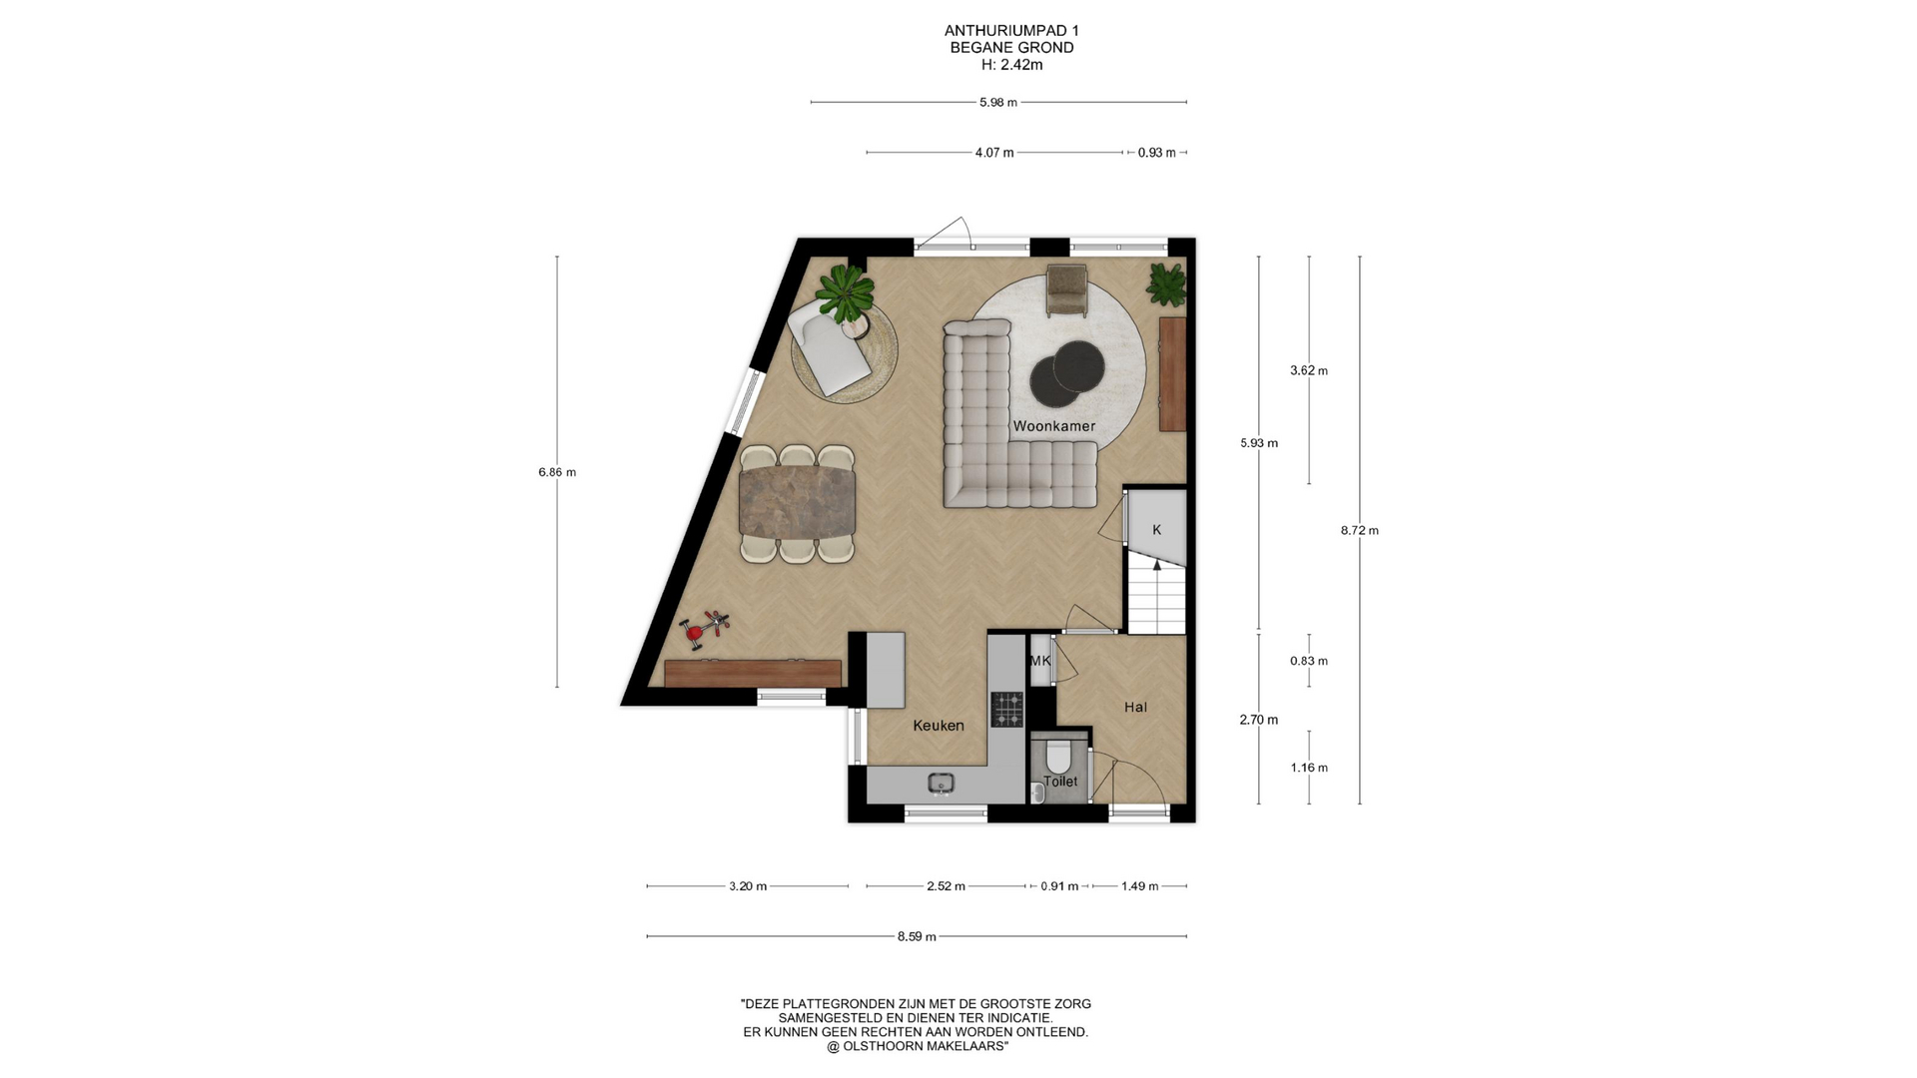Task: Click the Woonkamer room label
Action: click(x=1053, y=426)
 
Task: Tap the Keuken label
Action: click(x=939, y=726)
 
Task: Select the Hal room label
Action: click(x=1135, y=707)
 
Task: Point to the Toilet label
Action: click(x=1060, y=782)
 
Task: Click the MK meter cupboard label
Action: click(x=1040, y=661)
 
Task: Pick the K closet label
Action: click(x=1157, y=530)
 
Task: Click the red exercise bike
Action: click(x=705, y=629)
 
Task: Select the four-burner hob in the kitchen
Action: click(x=1006, y=709)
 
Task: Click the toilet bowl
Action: click(x=1058, y=756)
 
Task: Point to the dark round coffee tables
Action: click(x=1067, y=373)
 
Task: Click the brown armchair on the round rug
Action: click(x=1067, y=290)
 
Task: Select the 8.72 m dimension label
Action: click(x=1359, y=531)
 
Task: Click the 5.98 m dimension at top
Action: click(x=998, y=102)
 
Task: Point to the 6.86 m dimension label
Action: click(x=557, y=472)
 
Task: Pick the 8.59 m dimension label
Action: click(x=917, y=936)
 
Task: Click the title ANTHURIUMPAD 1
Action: click(x=1011, y=31)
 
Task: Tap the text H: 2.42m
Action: click(x=1012, y=65)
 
